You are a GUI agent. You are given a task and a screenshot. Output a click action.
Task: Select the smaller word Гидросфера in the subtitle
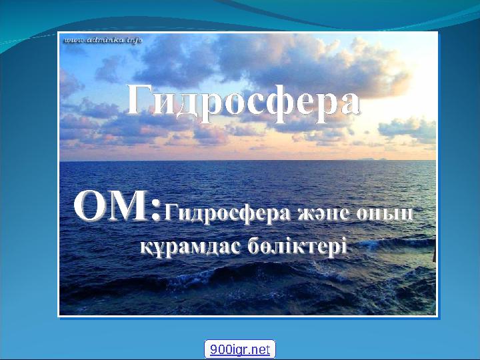(x=223, y=214)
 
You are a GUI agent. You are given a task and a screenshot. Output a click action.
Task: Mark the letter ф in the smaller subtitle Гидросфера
(x=247, y=215)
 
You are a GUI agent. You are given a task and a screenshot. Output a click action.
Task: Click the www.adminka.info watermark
(x=103, y=39)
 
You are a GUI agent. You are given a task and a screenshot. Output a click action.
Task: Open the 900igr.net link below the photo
(x=239, y=349)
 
